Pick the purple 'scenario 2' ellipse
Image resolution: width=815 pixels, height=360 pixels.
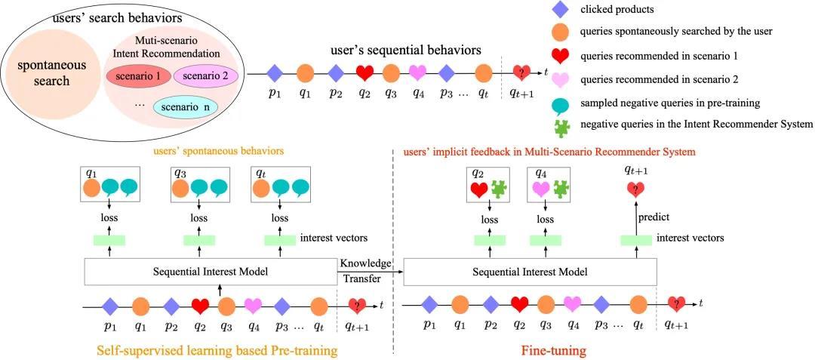pyautogui.click(x=206, y=76)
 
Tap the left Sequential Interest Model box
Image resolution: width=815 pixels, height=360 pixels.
pyautogui.click(x=211, y=272)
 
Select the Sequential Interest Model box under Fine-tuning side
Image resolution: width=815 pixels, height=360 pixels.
pyautogui.click(x=529, y=272)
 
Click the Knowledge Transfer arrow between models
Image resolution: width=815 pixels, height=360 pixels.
pyautogui.click(x=371, y=272)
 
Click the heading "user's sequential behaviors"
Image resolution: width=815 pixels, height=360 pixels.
pyautogui.click(x=406, y=50)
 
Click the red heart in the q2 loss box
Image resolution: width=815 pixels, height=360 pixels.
pyautogui.click(x=479, y=189)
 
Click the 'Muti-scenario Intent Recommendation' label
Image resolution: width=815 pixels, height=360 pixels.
pyautogui.click(x=177, y=48)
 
